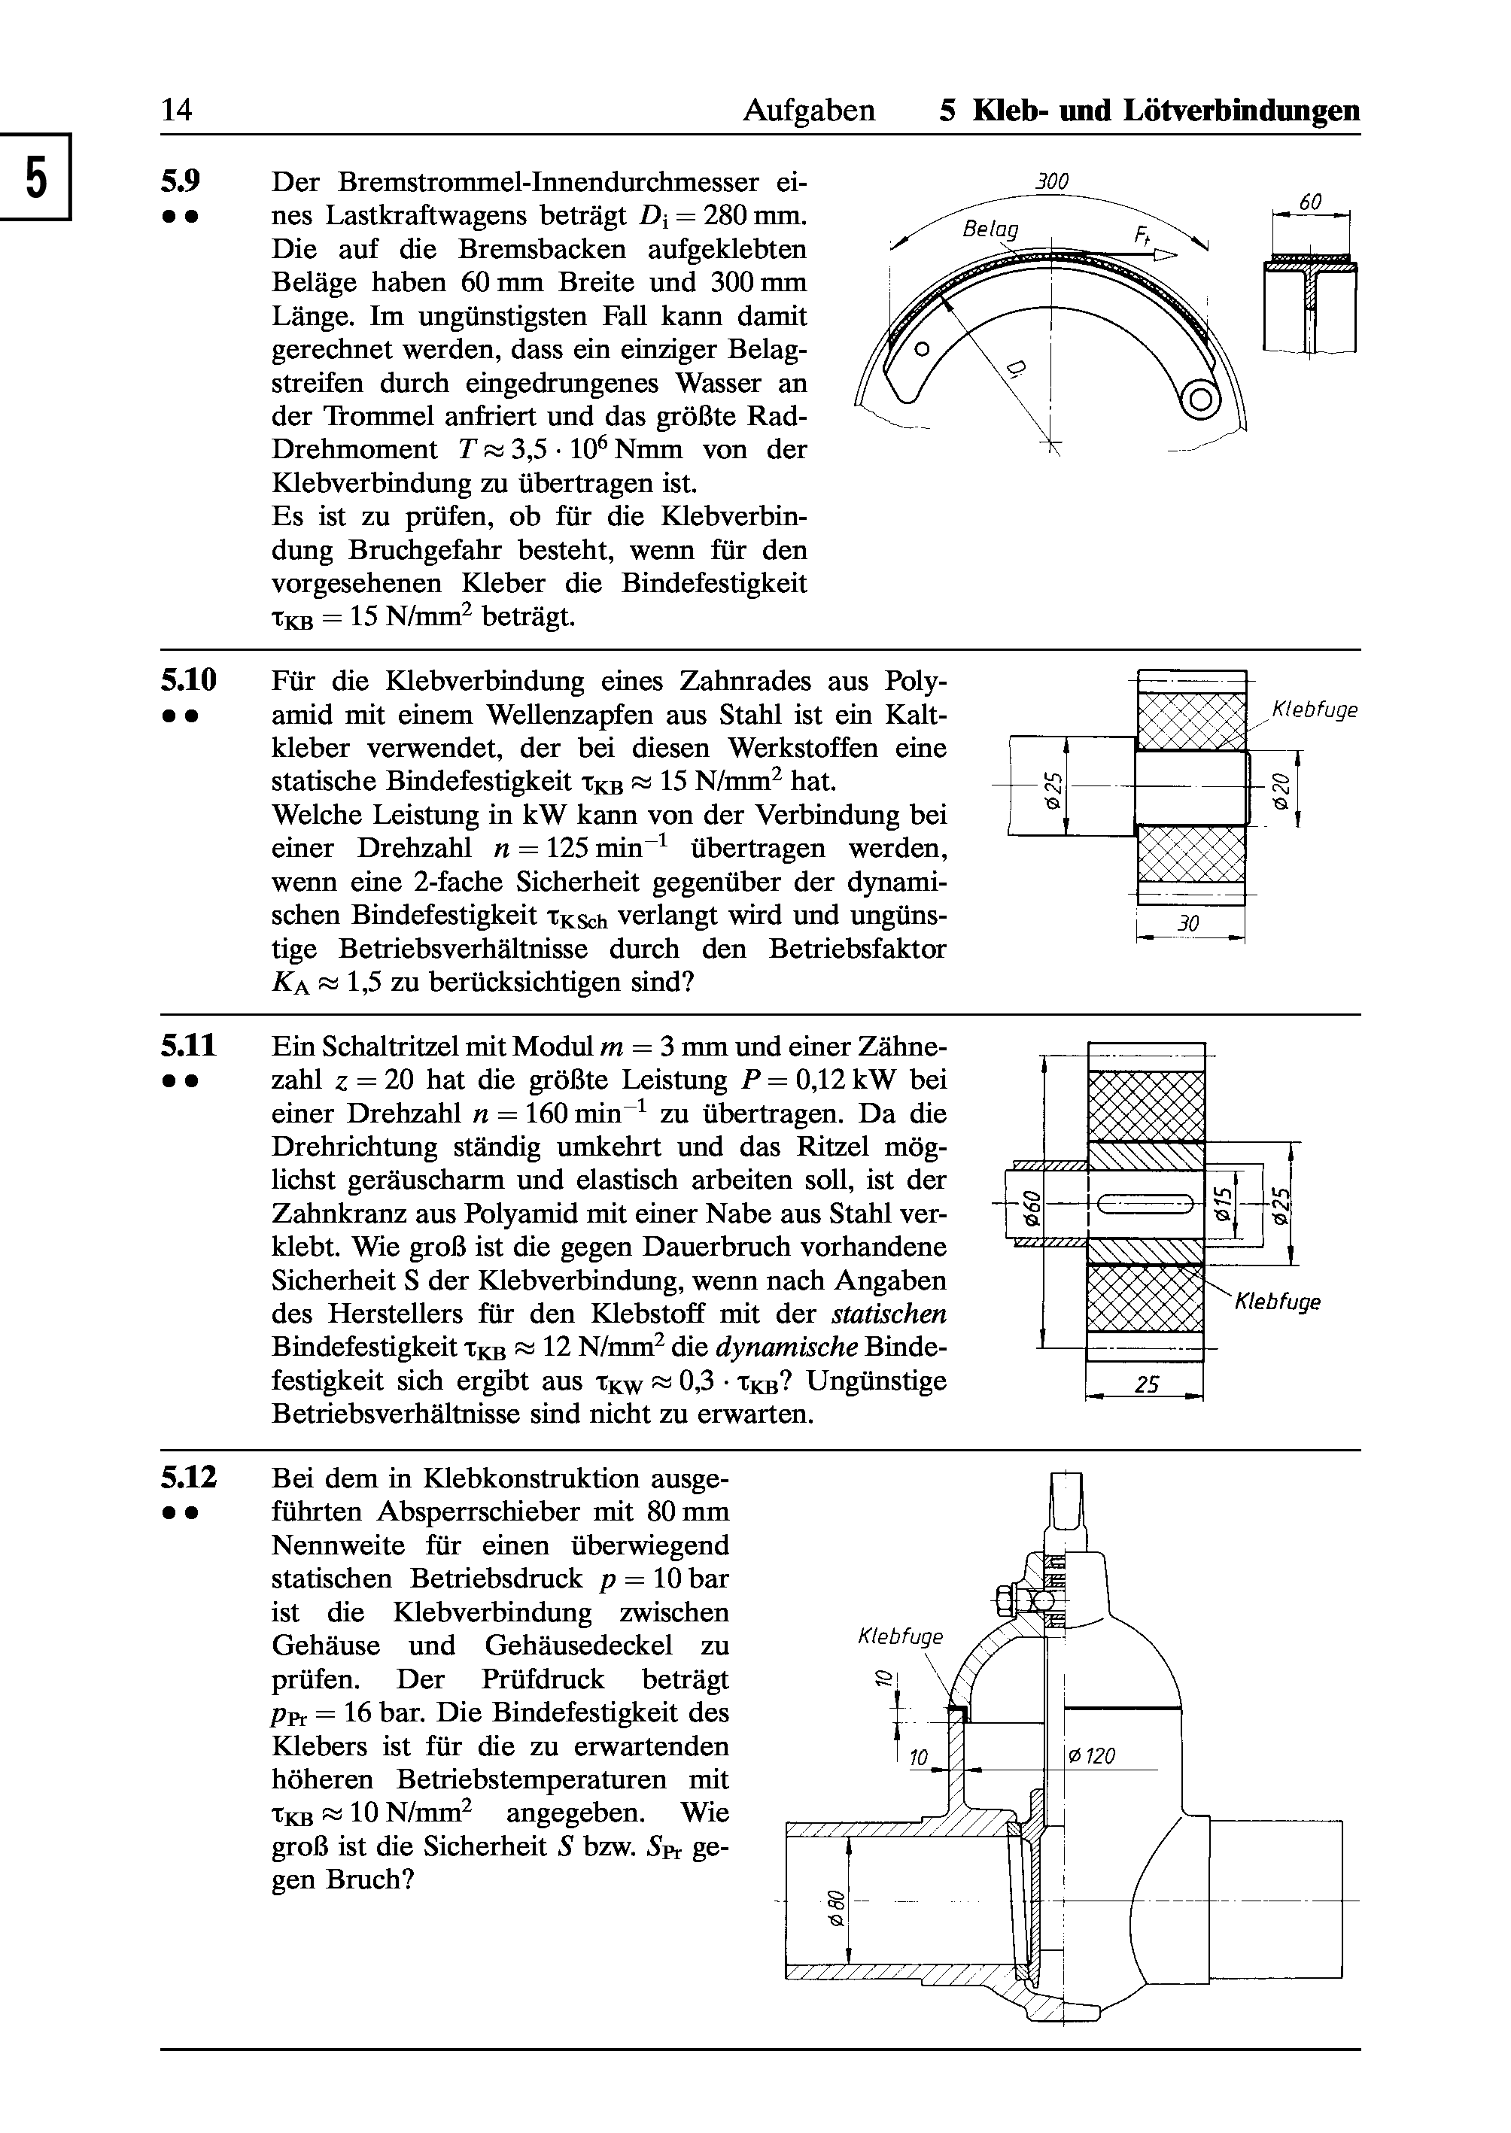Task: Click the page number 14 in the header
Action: click(x=177, y=110)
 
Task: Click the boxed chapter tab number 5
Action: click(x=35, y=177)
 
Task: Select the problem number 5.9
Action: click(x=181, y=180)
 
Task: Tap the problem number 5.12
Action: click(x=189, y=1477)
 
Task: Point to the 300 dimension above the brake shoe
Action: click(x=1052, y=181)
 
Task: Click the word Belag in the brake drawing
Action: click(x=991, y=228)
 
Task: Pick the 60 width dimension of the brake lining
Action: click(x=1311, y=202)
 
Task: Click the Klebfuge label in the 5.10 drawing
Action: click(x=1315, y=711)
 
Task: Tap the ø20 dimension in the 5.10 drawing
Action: click(x=1281, y=788)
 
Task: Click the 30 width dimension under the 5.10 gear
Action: click(x=1188, y=924)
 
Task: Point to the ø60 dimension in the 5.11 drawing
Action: click(x=1030, y=1208)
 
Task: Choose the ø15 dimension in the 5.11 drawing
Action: click(x=1224, y=1205)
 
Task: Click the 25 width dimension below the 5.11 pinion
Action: click(x=1148, y=1385)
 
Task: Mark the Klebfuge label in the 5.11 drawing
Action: click(x=1278, y=1302)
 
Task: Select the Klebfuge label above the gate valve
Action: click(x=901, y=1636)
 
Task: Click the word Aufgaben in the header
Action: click(x=808, y=111)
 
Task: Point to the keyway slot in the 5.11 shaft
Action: click(x=1145, y=1205)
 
